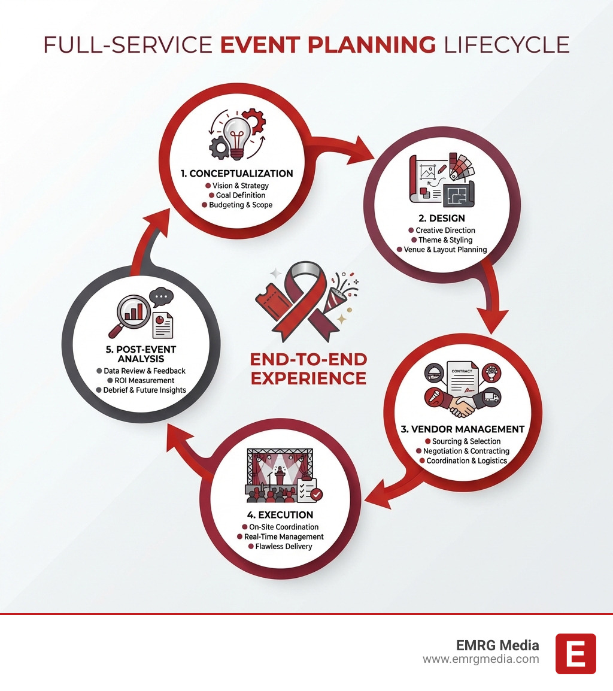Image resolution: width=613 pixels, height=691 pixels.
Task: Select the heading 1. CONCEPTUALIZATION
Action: coord(236,174)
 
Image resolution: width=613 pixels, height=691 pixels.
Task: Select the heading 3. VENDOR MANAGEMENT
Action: coord(463,429)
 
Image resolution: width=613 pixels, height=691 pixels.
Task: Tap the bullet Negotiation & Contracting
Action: coord(466,451)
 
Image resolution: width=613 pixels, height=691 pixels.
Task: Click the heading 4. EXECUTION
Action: coord(280,514)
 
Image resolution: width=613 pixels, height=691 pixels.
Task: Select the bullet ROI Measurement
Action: coord(144,380)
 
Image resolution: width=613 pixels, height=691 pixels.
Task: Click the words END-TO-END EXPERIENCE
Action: coord(309,368)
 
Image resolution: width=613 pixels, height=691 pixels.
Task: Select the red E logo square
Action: coord(575,653)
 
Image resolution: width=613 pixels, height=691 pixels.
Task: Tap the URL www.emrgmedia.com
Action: coord(481,659)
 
